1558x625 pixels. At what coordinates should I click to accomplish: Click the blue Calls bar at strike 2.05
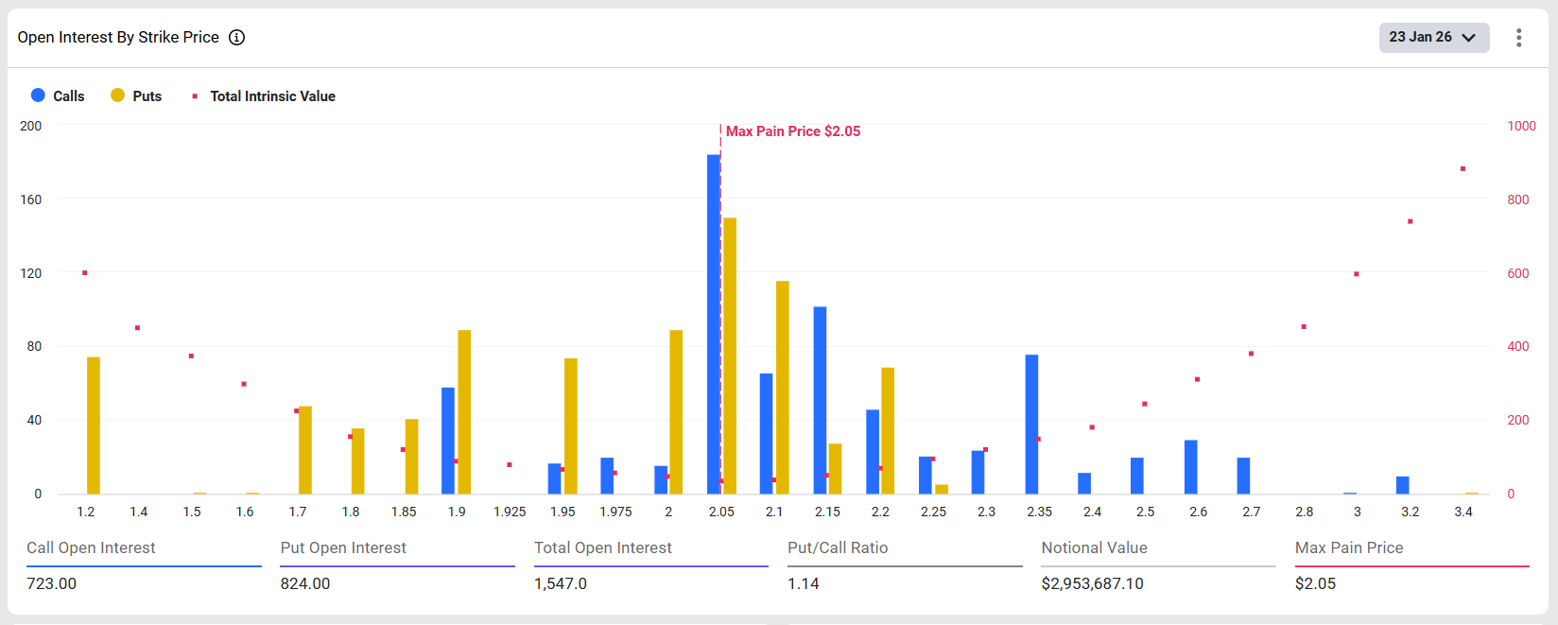[x=713, y=324]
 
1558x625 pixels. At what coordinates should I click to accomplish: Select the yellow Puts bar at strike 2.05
[x=730, y=356]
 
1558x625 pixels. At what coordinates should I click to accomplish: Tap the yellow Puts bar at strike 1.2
[x=94, y=425]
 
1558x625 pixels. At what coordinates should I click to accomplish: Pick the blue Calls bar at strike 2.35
[x=1031, y=424]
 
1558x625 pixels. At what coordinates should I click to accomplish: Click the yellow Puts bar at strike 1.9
[x=464, y=411]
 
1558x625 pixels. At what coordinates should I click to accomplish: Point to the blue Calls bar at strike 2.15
[x=820, y=400]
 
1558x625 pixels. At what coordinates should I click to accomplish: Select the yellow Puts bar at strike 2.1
[x=783, y=387]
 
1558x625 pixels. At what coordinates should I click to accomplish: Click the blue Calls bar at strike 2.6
[x=1191, y=467]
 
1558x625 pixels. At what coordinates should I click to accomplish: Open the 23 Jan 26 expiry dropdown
[x=1433, y=37]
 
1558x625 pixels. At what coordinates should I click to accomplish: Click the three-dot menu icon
[x=1519, y=37]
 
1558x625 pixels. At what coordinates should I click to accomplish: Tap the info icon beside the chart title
[x=237, y=37]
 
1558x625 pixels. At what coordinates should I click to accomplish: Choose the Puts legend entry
[x=136, y=95]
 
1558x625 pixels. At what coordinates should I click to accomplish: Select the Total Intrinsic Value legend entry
[x=264, y=95]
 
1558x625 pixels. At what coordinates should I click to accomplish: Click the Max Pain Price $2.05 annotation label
[x=793, y=131]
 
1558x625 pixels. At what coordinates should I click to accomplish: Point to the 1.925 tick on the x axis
[x=510, y=512]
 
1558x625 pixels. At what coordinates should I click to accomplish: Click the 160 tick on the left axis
[x=31, y=200]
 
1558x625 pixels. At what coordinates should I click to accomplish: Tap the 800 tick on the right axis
[x=1518, y=200]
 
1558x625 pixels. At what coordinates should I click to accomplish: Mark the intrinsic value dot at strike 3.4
[x=1463, y=169]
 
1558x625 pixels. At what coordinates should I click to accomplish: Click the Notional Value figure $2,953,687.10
[x=1092, y=583]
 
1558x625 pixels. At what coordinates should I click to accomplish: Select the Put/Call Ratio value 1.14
[x=804, y=583]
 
